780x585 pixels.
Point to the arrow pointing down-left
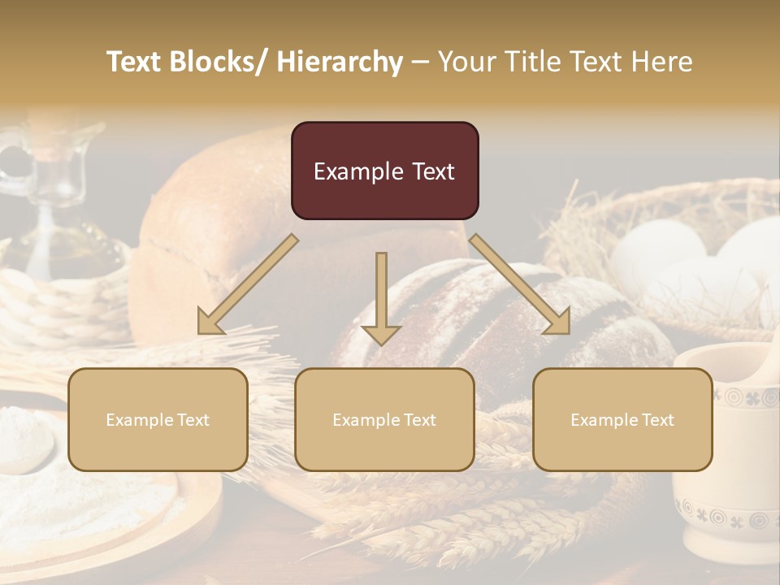click(248, 285)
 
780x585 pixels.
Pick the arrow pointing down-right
click(521, 285)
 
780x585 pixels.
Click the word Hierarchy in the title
click(340, 62)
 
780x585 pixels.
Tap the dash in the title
click(420, 62)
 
